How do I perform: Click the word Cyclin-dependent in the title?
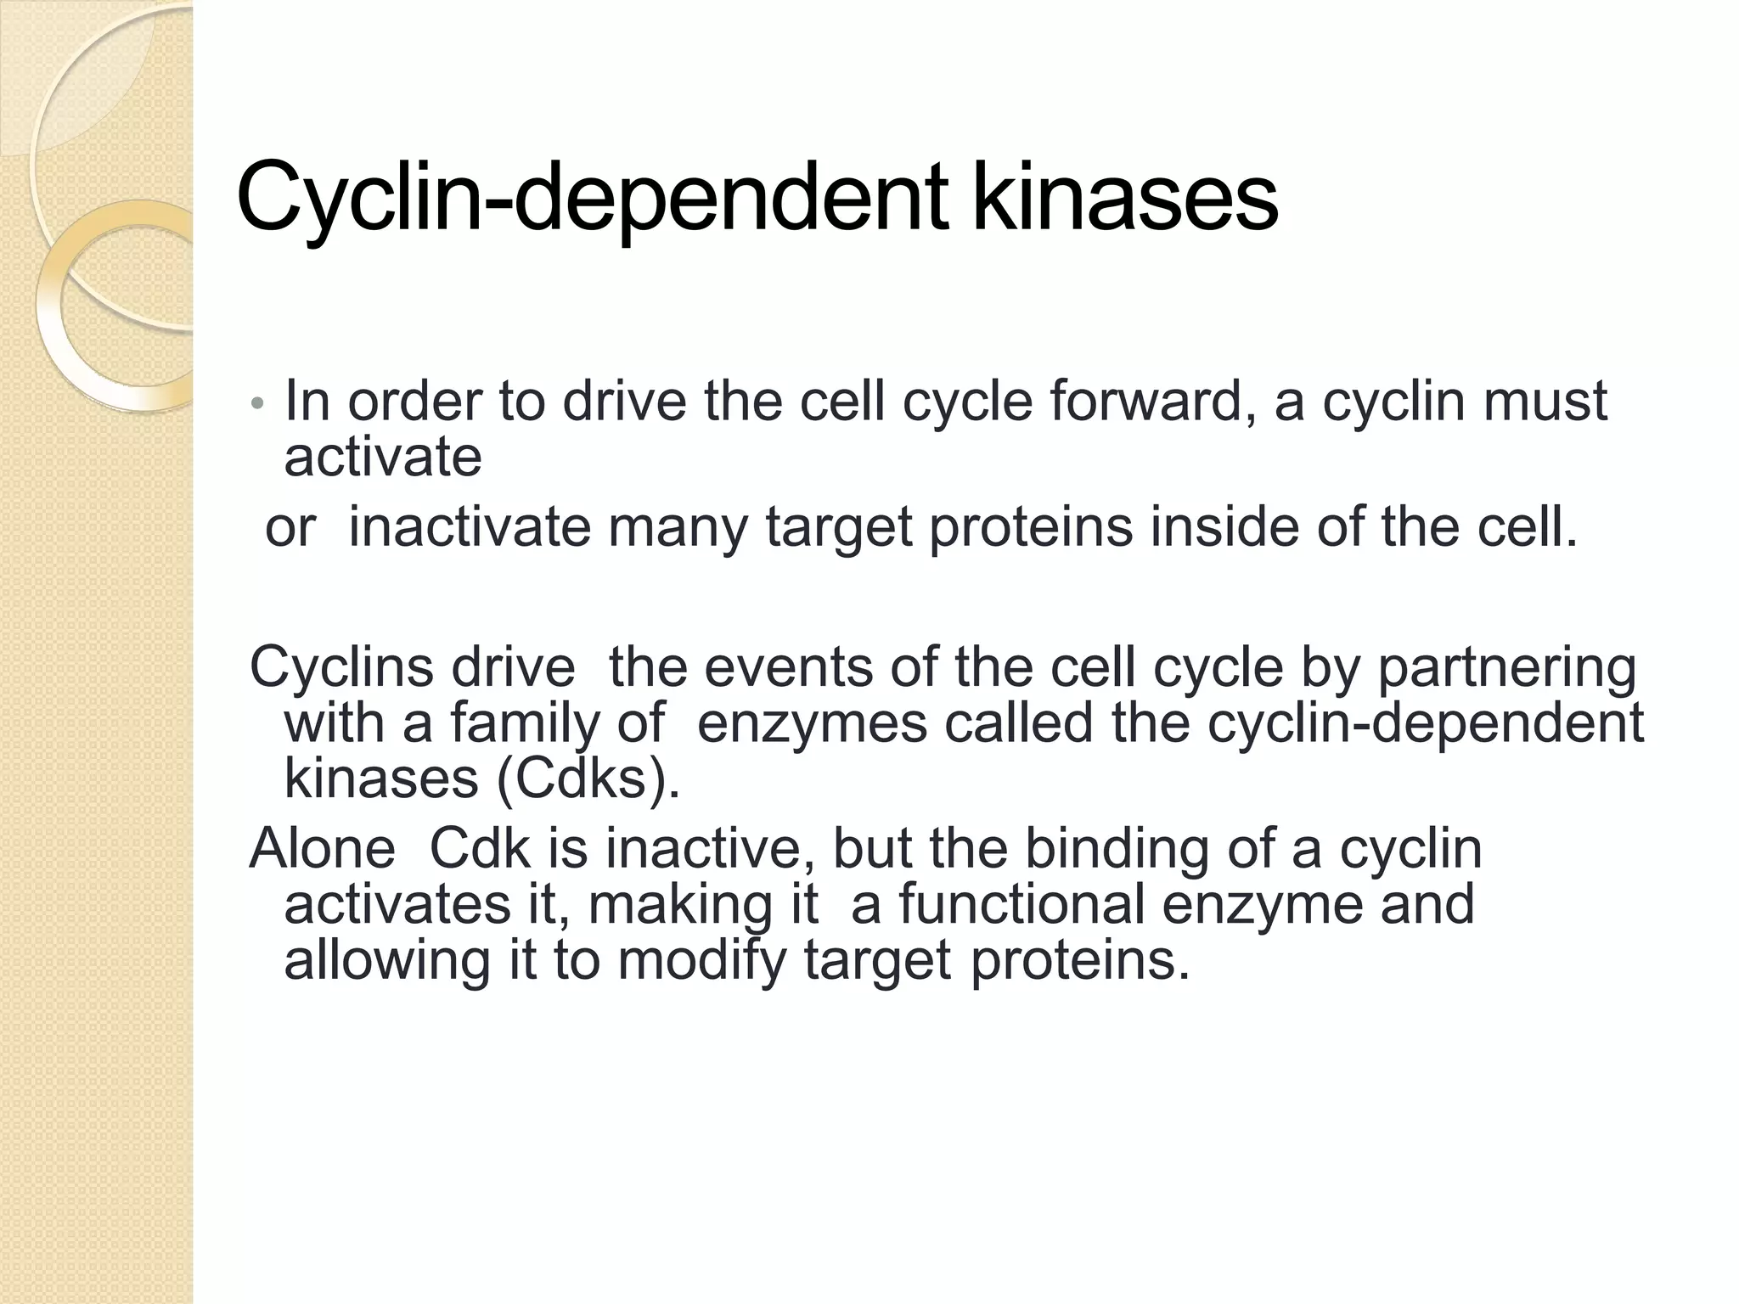coord(592,199)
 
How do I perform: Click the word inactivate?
coord(470,527)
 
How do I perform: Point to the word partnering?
coord(1506,669)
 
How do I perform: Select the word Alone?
coord(323,848)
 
